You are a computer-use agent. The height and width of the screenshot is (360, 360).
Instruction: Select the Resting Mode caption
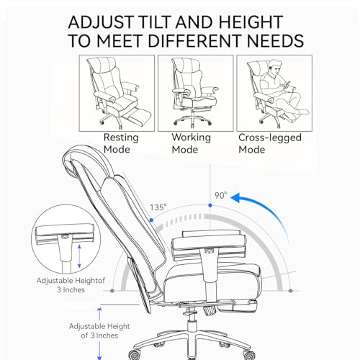pos(121,143)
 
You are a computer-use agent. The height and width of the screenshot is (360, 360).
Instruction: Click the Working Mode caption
pos(191,143)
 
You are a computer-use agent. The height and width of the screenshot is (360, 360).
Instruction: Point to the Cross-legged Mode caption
pos(270,143)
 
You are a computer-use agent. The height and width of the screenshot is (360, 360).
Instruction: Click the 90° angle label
pos(220,195)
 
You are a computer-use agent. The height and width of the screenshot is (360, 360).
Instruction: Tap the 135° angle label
pos(158,207)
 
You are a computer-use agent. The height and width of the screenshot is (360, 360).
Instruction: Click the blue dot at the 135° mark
pos(151,220)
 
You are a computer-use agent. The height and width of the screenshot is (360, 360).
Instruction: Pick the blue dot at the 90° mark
pos(210,205)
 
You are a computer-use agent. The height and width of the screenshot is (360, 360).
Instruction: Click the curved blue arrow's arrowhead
pos(236,197)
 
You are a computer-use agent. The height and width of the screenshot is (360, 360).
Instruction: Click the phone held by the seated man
pos(287,84)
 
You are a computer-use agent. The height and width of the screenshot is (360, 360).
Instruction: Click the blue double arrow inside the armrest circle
pos(79,256)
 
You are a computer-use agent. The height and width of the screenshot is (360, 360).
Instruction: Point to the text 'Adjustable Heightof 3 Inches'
pos(71,285)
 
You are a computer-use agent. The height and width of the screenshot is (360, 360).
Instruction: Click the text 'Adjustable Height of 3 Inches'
pos(99,330)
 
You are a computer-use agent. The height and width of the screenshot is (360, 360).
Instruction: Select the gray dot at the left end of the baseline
pos(112,291)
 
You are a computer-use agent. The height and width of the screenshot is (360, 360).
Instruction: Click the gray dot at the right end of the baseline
pos(291,291)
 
